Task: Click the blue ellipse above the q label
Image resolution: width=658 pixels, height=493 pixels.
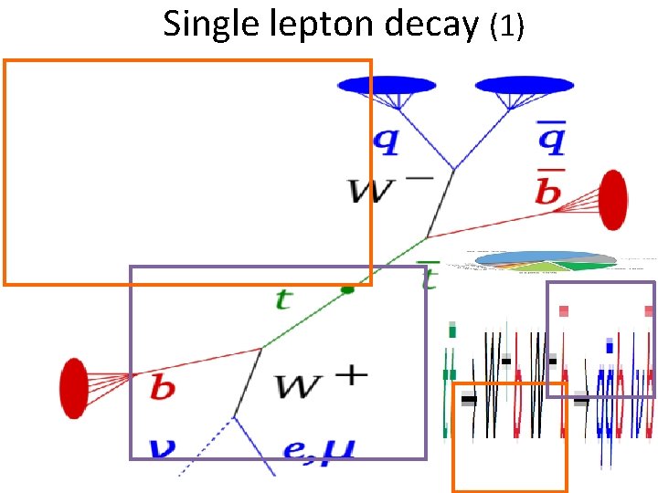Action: point(387,85)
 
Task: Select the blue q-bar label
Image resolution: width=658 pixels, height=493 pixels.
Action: point(549,138)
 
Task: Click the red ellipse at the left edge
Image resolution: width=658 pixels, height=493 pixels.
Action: point(73,388)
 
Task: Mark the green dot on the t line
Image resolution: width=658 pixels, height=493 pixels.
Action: point(346,289)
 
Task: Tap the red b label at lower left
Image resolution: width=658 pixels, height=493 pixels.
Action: point(162,387)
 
